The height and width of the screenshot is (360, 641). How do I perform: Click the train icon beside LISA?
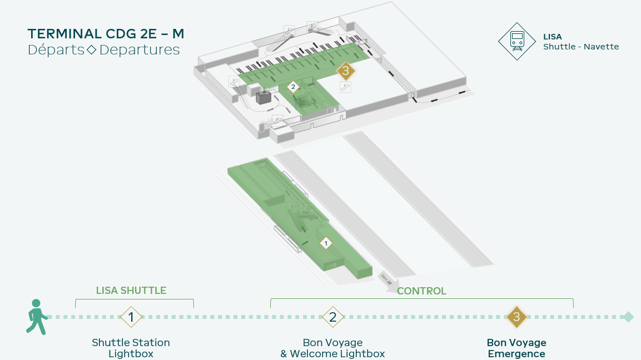click(x=517, y=41)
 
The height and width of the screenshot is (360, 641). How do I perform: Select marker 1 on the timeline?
click(x=131, y=317)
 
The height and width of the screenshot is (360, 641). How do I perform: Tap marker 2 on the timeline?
click(x=333, y=317)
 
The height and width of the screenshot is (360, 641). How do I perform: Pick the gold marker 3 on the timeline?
click(x=516, y=317)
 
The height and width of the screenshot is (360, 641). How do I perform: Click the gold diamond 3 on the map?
click(x=346, y=71)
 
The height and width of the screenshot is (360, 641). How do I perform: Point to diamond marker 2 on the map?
click(x=293, y=87)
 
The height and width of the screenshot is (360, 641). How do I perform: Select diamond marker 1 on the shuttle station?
click(x=326, y=243)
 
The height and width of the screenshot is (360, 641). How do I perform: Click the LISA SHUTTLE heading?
click(x=131, y=291)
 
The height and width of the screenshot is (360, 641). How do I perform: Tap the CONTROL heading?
click(x=421, y=291)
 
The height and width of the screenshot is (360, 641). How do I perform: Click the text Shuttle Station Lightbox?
click(x=131, y=348)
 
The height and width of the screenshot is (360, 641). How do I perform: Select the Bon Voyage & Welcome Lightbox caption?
click(x=333, y=348)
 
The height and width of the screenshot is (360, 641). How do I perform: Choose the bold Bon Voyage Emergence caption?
click(x=516, y=348)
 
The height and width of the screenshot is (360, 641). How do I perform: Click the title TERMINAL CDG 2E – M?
click(x=106, y=33)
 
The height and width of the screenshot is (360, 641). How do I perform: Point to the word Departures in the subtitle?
click(x=140, y=50)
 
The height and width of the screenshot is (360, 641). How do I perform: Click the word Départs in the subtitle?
click(x=56, y=50)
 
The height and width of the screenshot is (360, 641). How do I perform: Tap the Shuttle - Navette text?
click(x=581, y=47)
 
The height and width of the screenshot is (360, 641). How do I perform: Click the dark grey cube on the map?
click(x=264, y=97)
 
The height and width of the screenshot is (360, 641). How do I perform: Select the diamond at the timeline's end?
click(x=628, y=317)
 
